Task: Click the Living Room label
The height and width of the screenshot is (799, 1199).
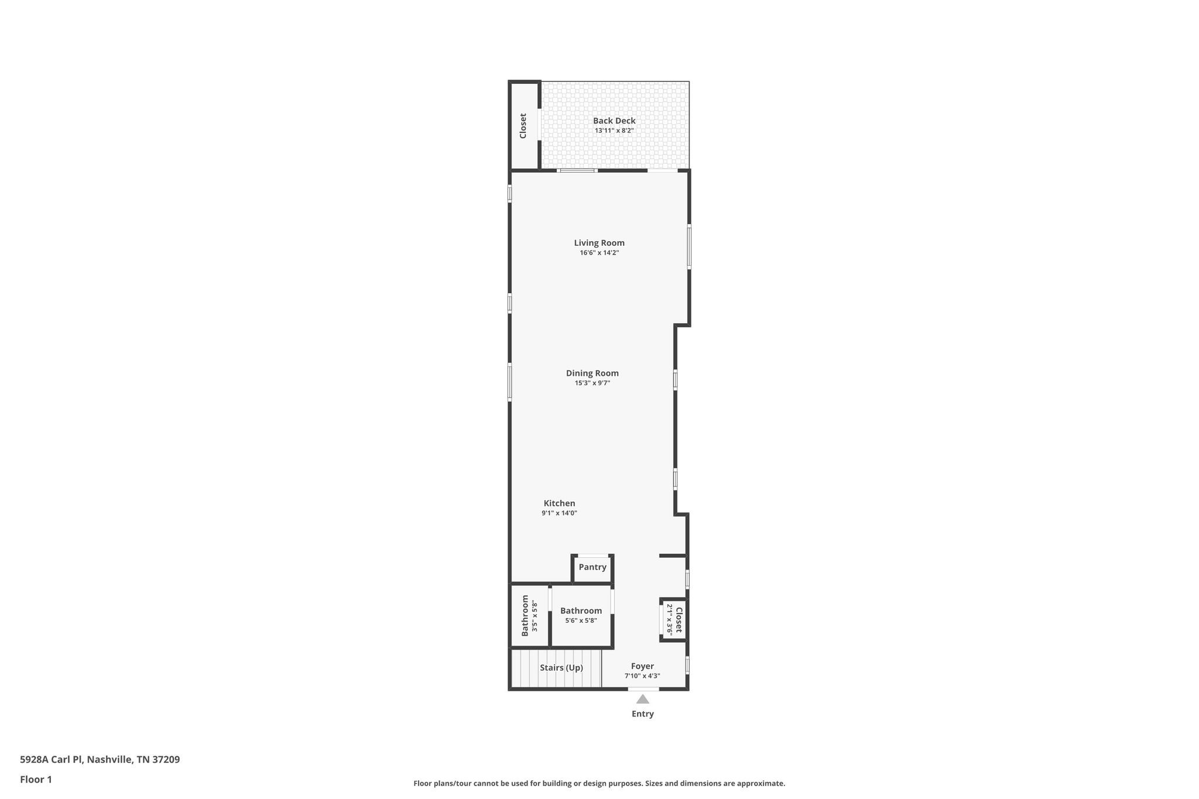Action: coord(599,243)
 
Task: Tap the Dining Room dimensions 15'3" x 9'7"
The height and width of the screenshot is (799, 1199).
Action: coord(592,383)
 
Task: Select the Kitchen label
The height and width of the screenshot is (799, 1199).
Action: coord(559,503)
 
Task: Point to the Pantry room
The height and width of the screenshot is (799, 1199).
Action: coord(592,567)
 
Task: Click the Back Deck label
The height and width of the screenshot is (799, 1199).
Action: coord(614,121)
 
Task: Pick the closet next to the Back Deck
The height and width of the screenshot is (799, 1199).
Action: coord(523,126)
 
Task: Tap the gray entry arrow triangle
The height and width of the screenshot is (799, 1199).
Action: coord(642,699)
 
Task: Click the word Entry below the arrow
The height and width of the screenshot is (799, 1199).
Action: coord(642,714)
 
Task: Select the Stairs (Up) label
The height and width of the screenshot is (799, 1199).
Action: coord(561,668)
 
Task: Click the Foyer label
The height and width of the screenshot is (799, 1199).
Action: coord(642,666)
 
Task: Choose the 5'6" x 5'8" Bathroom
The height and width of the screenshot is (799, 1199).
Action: coord(581,615)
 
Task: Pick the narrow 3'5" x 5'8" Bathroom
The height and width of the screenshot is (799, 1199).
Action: coord(529,615)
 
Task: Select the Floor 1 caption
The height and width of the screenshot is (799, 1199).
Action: coord(36,780)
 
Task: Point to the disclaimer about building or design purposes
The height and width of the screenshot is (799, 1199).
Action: coord(599,783)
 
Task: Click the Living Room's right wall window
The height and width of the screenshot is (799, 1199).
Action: coord(689,246)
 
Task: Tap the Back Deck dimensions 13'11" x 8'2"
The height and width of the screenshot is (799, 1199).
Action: coord(614,131)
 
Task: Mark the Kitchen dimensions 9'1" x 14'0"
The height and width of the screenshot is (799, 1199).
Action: coord(559,513)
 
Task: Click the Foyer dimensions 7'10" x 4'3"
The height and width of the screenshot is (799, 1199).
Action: coord(642,676)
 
